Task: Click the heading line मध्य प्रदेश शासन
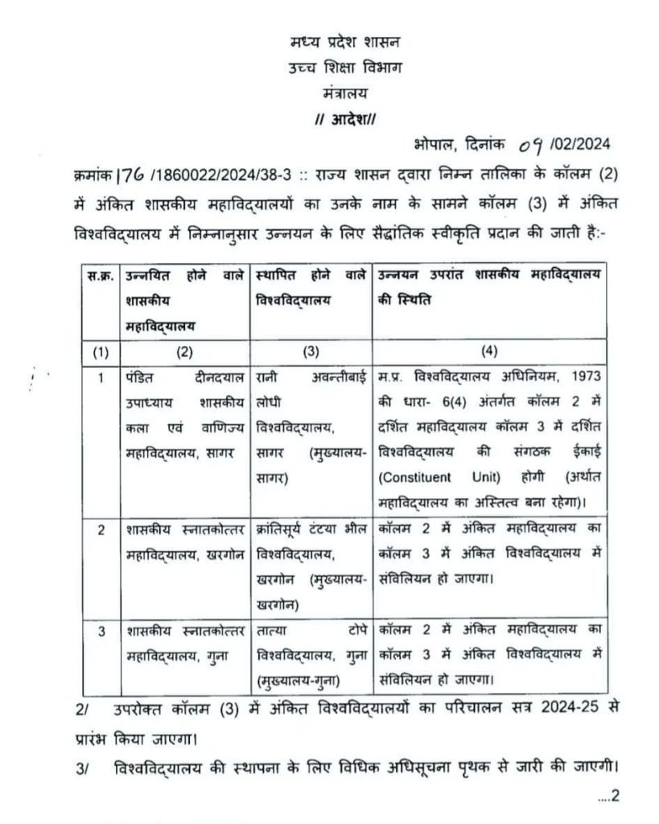(x=349, y=41)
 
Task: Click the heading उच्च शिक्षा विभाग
(x=349, y=67)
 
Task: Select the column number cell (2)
(x=185, y=351)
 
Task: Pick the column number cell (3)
(x=310, y=351)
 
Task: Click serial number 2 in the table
(x=101, y=530)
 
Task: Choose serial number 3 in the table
(x=101, y=632)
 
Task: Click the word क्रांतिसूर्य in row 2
(x=282, y=530)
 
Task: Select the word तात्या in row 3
(x=273, y=632)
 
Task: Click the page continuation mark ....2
(x=609, y=797)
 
